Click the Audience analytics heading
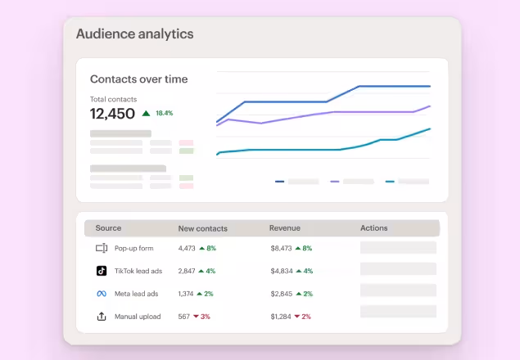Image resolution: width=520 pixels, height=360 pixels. [134, 34]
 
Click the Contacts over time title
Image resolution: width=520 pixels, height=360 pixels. [138, 79]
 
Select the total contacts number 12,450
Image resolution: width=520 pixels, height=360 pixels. [112, 114]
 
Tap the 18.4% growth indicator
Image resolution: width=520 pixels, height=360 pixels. [163, 113]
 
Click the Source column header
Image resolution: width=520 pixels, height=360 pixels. [108, 228]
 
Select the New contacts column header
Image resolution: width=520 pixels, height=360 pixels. [202, 228]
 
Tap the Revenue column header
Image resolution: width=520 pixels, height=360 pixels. [284, 228]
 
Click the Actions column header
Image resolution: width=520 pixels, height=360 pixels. [373, 228]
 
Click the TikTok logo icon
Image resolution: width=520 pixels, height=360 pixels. [102, 271]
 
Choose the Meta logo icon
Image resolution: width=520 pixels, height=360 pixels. [102, 294]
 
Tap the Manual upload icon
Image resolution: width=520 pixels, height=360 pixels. [102, 317]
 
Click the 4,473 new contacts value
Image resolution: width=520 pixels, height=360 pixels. [187, 248]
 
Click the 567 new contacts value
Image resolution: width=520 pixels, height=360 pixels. [184, 317]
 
